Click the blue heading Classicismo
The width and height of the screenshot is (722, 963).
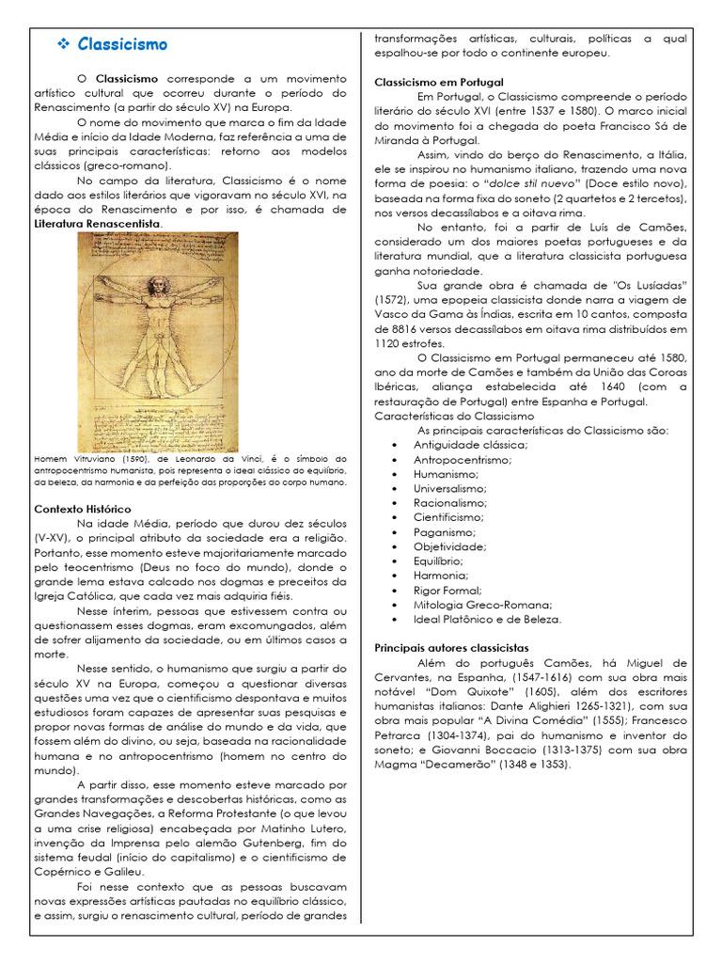click(122, 44)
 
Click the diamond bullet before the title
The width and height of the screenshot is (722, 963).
click(65, 44)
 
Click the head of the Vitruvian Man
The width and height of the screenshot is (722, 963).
click(158, 284)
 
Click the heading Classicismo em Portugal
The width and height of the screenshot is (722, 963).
click(439, 82)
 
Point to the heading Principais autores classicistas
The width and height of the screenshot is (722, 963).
click(451, 648)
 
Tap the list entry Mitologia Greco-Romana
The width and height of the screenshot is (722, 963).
click(482, 605)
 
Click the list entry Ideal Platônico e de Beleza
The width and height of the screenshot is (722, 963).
click(487, 619)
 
